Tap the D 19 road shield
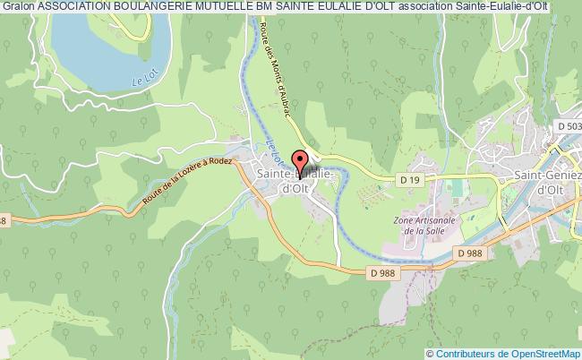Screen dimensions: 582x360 pos(410,181)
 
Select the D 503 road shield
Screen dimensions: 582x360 pos(569,127)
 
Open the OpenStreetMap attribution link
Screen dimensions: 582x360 pos(540,352)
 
